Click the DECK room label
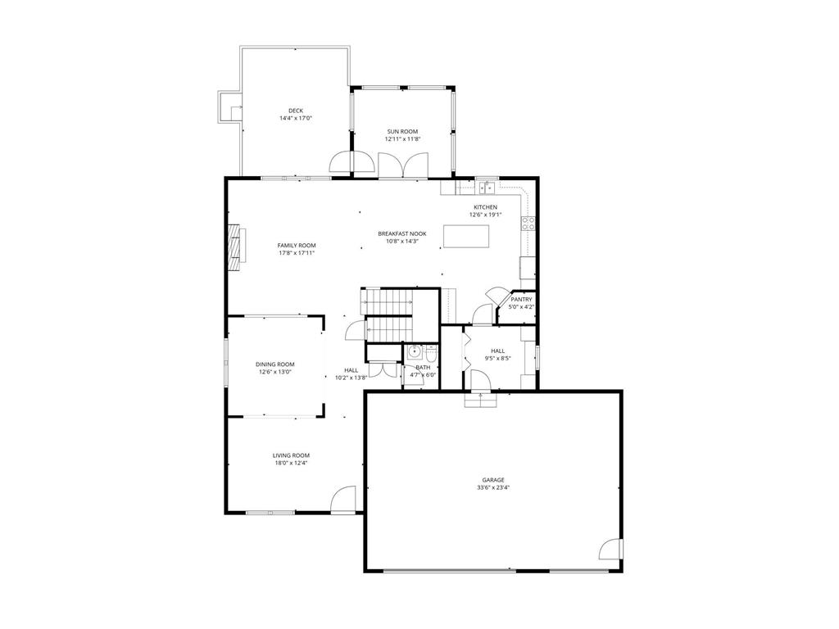point(295,111)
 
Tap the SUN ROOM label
point(402,132)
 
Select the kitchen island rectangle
point(466,237)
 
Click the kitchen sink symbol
point(487,188)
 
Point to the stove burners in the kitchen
point(528,223)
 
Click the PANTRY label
point(521,300)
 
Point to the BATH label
point(423,368)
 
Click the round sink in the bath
point(414,352)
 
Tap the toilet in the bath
point(432,354)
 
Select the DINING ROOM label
point(275,364)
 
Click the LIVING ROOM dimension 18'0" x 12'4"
point(291,464)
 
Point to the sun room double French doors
point(403,165)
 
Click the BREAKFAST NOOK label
point(401,233)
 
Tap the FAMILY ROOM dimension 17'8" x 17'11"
point(297,253)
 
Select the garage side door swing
point(610,548)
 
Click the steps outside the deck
point(229,107)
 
